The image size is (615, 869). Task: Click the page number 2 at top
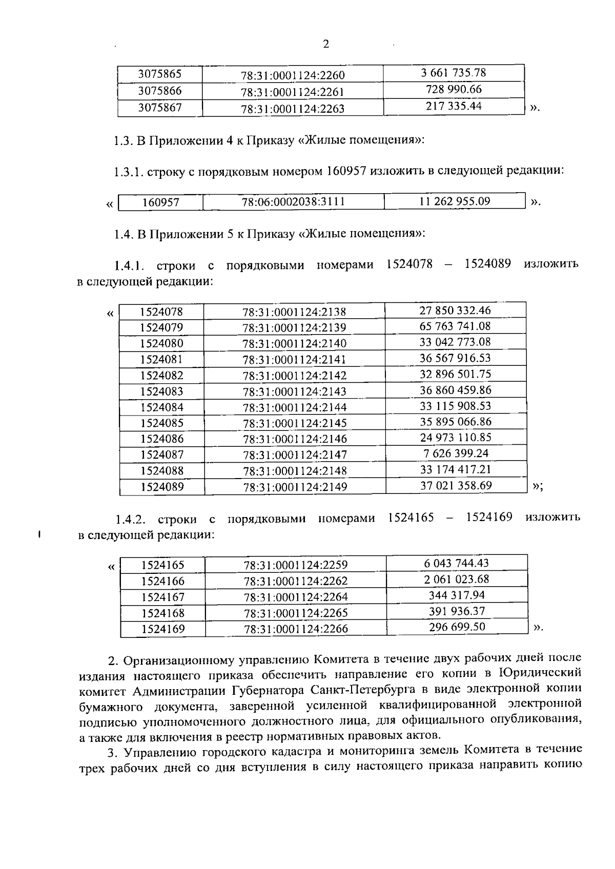(x=326, y=44)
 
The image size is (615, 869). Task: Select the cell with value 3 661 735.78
(x=454, y=73)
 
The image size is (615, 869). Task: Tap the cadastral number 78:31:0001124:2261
(x=293, y=92)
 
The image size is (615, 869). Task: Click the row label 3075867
(x=160, y=108)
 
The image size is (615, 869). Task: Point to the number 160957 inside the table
(x=160, y=202)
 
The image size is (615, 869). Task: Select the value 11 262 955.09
(x=455, y=201)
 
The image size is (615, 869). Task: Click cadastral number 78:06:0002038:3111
(x=293, y=202)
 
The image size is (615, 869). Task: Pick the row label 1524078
(x=161, y=312)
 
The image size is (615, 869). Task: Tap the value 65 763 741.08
(x=455, y=326)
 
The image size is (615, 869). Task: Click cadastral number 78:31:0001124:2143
(x=295, y=391)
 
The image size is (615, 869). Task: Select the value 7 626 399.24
(x=456, y=453)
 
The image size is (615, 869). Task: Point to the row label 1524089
(x=162, y=486)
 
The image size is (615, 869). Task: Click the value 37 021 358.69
(x=456, y=485)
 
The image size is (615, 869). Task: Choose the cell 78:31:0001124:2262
(x=296, y=581)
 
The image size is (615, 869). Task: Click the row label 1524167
(x=163, y=597)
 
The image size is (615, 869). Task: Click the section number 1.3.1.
(x=128, y=172)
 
